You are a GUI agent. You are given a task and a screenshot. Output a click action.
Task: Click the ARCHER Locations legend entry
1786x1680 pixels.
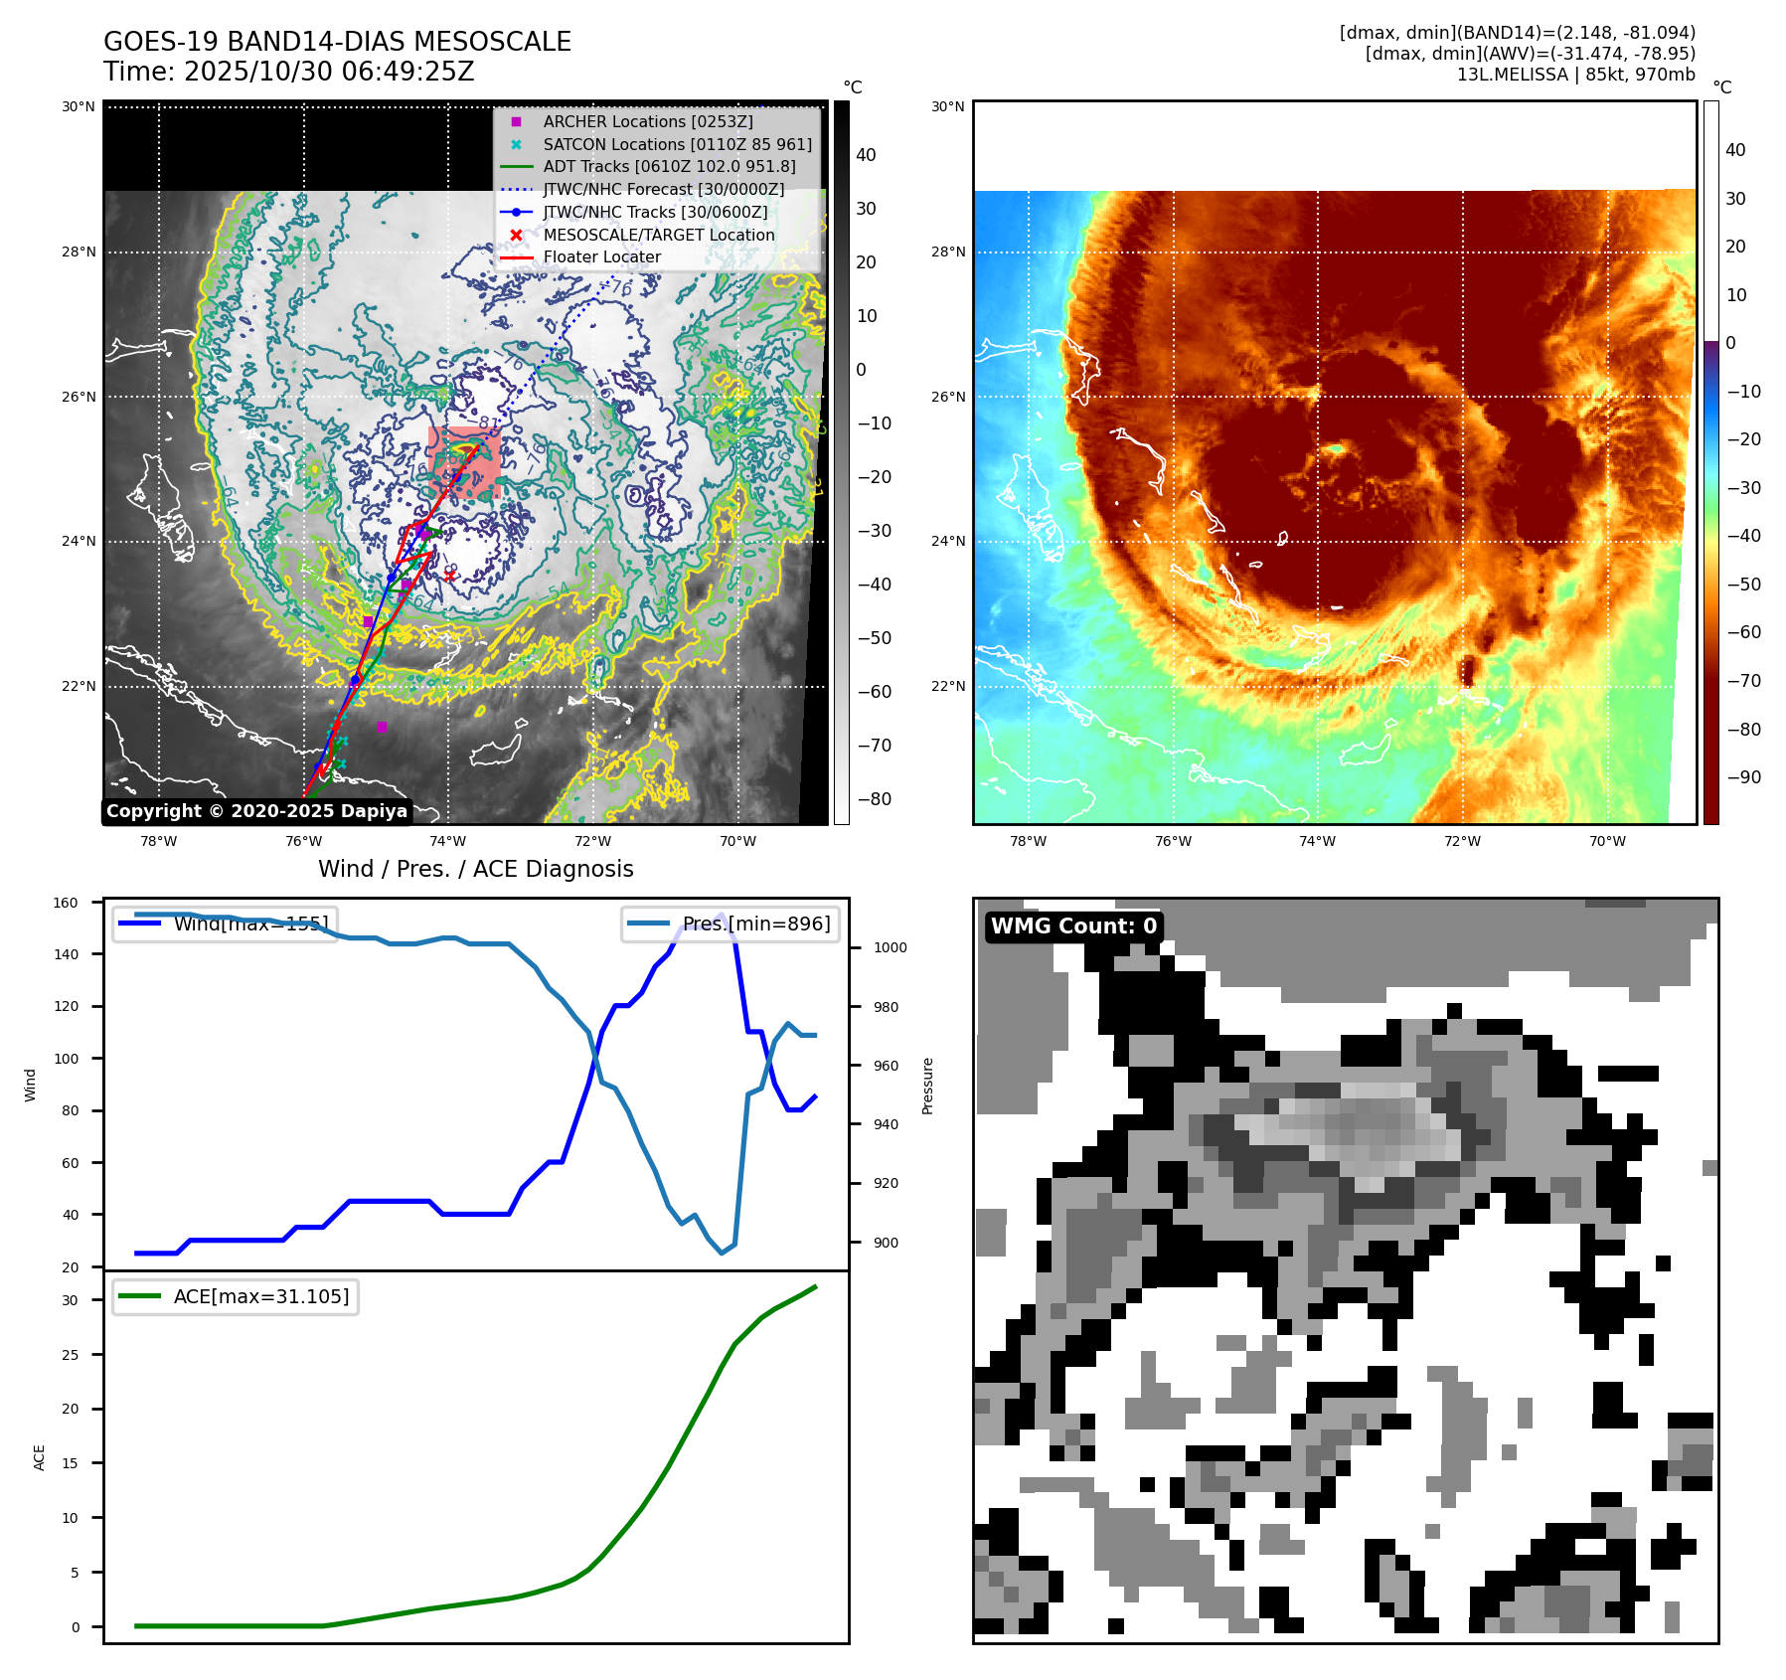647,121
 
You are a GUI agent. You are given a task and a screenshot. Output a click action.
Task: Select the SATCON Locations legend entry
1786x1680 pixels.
677,144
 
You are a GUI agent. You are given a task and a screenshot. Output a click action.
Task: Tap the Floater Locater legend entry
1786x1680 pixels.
601,256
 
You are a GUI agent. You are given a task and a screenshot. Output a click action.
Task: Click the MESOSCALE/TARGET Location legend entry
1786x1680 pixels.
658,235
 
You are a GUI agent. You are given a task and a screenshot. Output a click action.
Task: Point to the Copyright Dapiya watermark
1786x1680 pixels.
256,811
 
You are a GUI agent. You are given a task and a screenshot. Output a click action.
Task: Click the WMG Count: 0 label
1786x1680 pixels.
1073,926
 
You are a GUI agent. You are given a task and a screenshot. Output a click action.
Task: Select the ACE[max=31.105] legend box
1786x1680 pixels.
236,1296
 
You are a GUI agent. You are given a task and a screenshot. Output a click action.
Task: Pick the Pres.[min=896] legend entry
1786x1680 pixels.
731,924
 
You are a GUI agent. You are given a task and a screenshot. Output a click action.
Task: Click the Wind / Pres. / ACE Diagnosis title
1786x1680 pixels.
475,869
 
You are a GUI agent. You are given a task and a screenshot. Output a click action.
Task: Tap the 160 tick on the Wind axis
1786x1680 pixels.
66,903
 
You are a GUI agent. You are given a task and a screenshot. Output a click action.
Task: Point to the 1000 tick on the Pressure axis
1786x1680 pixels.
890,947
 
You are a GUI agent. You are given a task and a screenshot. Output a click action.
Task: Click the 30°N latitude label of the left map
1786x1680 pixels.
79,106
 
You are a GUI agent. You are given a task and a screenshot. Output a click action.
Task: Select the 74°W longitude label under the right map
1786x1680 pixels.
1317,841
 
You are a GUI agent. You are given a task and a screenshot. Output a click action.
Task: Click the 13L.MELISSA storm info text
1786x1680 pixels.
1575,75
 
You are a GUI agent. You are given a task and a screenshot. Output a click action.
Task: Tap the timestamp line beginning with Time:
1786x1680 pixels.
288,72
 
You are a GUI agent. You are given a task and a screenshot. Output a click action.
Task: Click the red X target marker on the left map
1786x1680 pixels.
449,576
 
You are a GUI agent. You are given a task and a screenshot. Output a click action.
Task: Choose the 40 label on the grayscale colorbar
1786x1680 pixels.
866,155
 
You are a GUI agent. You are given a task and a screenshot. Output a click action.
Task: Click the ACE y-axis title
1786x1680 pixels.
40,1457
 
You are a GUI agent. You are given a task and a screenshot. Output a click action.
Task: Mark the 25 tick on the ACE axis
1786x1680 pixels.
70,1355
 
